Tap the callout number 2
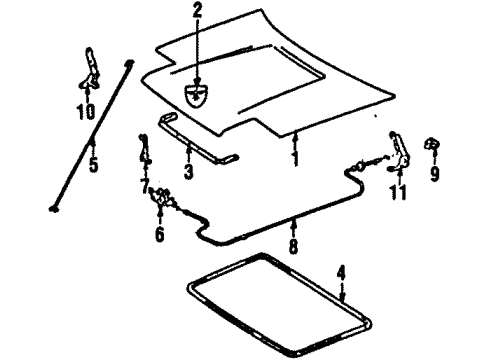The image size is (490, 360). tap(197, 11)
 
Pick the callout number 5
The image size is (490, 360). tap(93, 161)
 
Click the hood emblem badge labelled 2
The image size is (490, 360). tap(198, 95)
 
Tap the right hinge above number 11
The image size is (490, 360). tap(401, 150)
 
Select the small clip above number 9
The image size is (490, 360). tap(434, 144)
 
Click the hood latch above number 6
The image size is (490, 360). tap(161, 197)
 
